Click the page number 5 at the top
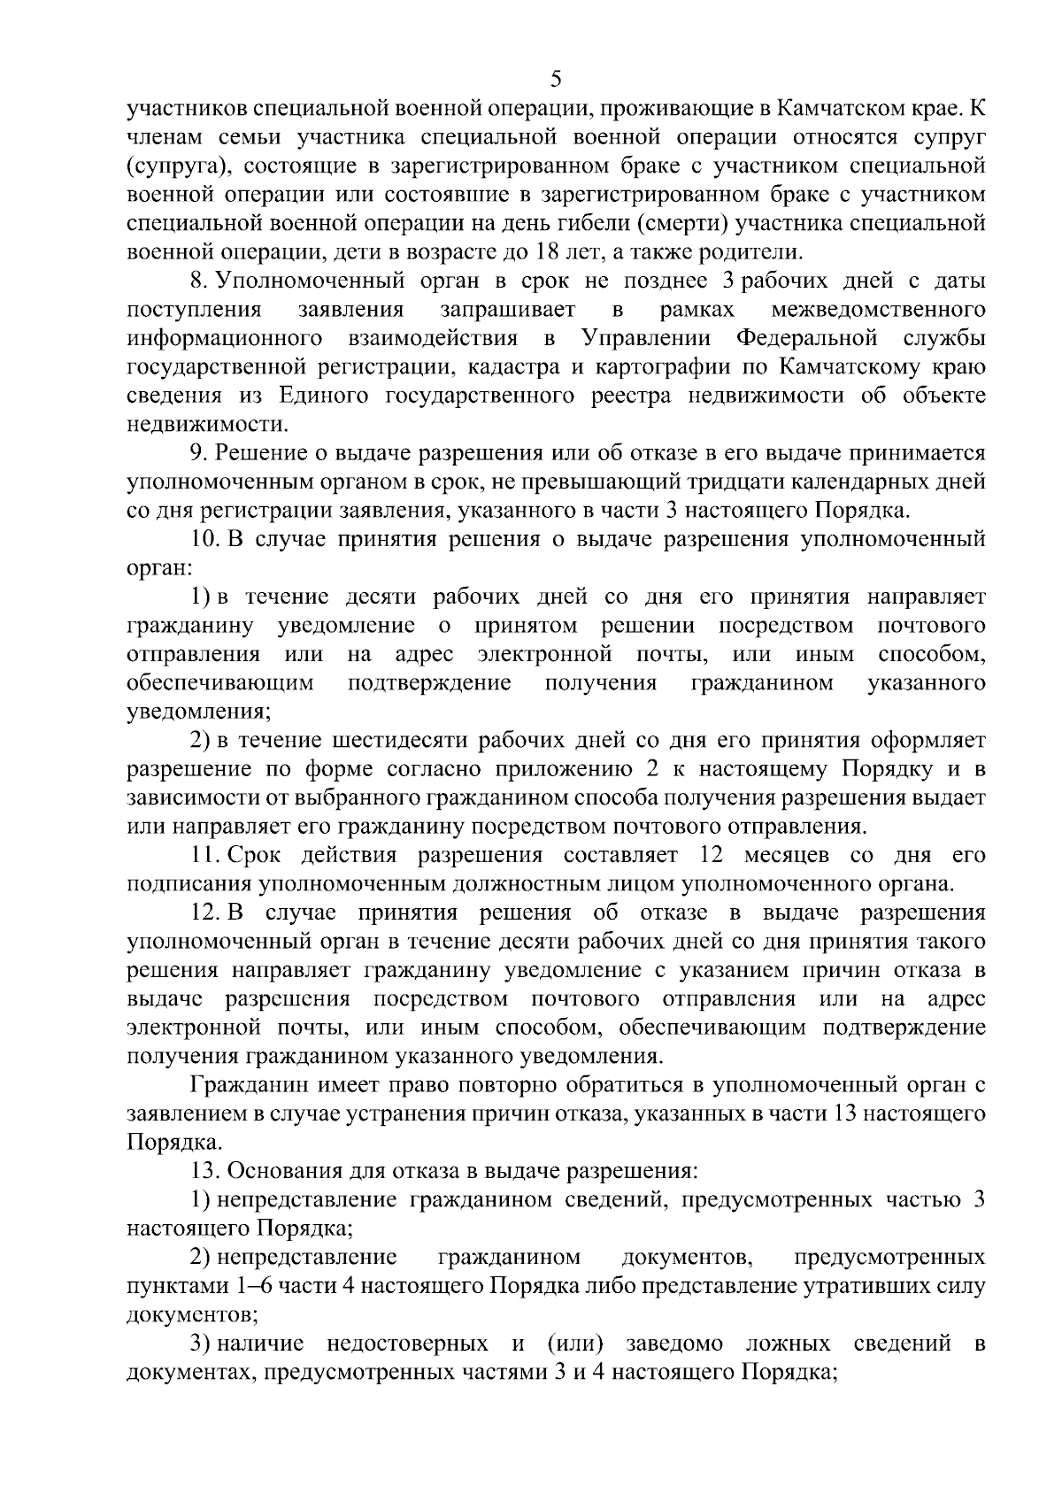tap(556, 79)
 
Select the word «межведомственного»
tap(879, 309)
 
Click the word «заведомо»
tap(674, 1344)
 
